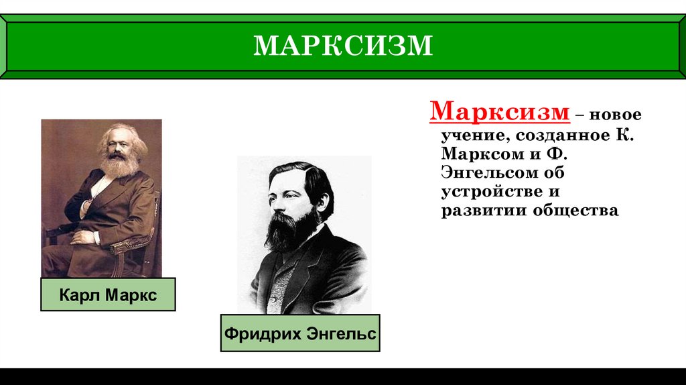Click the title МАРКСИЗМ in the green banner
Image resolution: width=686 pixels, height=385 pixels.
point(343,45)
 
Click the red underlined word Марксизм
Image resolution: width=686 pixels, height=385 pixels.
point(500,111)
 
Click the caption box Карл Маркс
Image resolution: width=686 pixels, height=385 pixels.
point(108,294)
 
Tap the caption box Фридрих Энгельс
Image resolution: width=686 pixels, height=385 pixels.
point(300,333)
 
